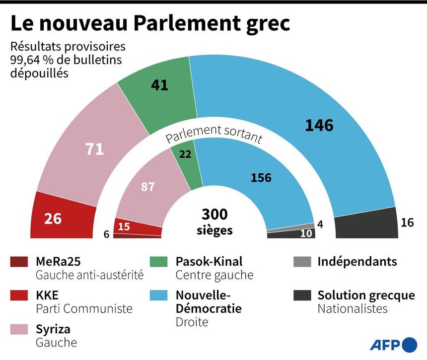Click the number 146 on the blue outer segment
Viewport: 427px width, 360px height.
(319, 125)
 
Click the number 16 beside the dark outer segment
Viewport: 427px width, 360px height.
(407, 222)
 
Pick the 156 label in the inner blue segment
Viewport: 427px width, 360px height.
(261, 177)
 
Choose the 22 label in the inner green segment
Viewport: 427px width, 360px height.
(185, 155)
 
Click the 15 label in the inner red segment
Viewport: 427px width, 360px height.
(124, 226)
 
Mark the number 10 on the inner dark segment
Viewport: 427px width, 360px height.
(306, 233)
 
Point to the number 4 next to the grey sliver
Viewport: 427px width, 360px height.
(320, 224)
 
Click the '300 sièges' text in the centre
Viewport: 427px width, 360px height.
(214, 221)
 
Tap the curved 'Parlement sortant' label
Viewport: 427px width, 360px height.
(213, 133)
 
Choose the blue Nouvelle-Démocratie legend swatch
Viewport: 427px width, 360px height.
(159, 295)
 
